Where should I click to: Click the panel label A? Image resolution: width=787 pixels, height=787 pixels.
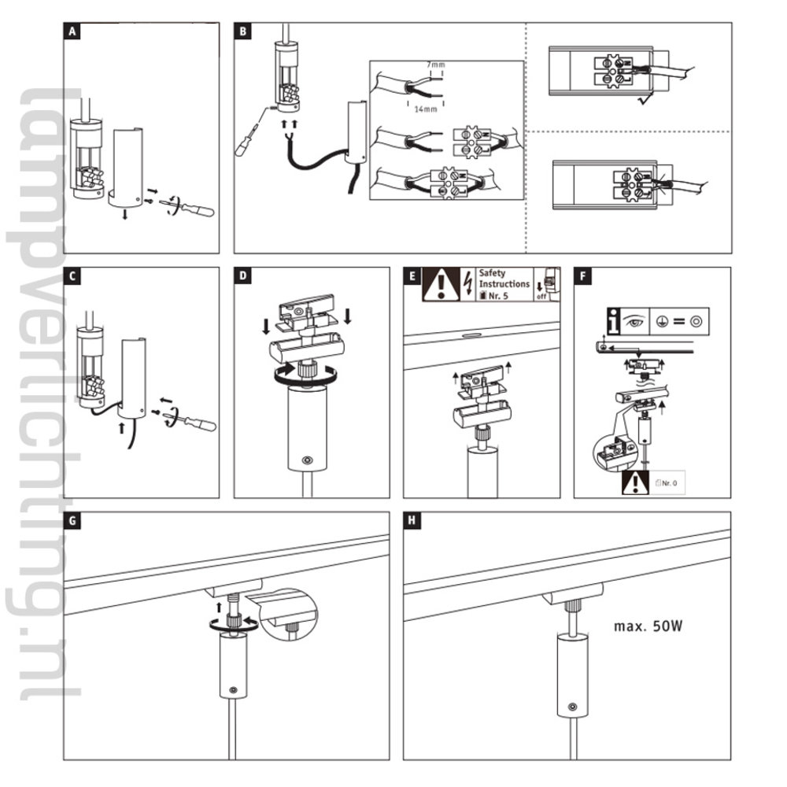click(x=73, y=31)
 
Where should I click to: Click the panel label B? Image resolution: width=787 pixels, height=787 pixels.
click(x=243, y=31)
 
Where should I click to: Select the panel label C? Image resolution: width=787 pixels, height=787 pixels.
click(x=73, y=276)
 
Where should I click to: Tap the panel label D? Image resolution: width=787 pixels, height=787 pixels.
click(x=243, y=276)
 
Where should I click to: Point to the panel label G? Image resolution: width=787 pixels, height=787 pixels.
click(x=73, y=521)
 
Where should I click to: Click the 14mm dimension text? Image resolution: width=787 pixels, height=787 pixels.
click(x=425, y=111)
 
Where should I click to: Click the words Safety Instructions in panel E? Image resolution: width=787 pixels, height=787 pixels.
click(x=504, y=279)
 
